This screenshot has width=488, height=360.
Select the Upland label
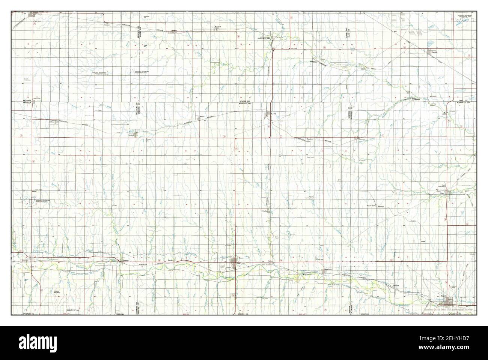point(52,121)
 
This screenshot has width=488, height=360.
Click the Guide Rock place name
point(328,270)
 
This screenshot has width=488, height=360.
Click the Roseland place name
point(218,27)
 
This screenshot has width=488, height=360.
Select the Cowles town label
point(264,211)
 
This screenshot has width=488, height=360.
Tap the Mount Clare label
point(371,206)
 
